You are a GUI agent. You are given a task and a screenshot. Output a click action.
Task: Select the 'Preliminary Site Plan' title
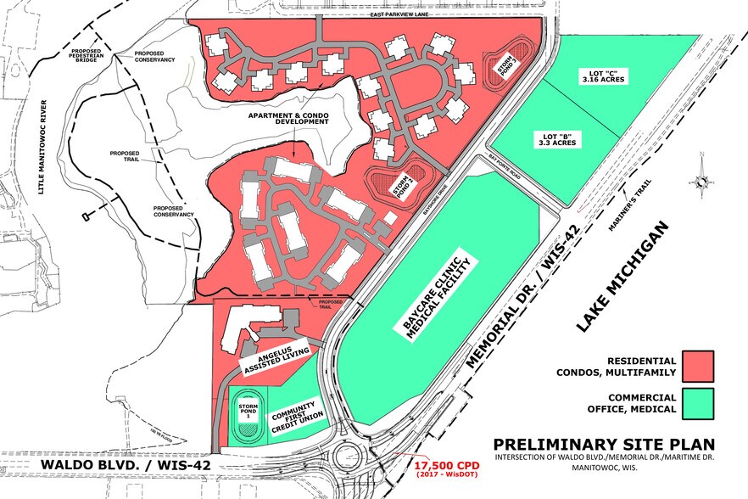coord(604,445)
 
